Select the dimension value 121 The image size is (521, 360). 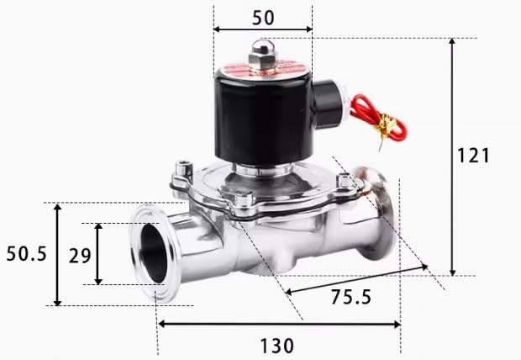point(473,155)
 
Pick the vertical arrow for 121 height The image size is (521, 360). point(454,156)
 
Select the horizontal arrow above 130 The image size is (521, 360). point(278,324)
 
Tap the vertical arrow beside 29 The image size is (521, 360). point(98,254)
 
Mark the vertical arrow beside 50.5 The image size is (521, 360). point(57,254)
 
